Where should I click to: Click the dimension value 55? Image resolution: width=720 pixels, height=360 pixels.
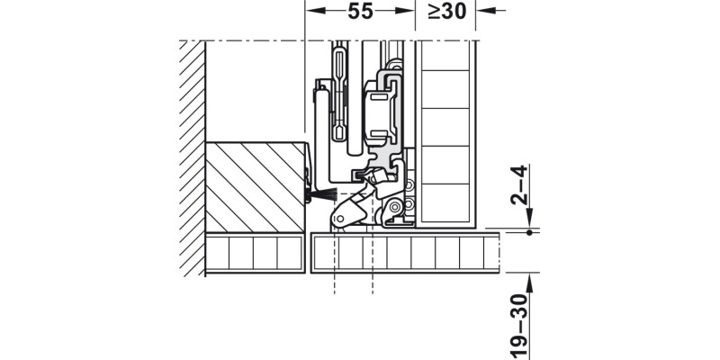[360, 13]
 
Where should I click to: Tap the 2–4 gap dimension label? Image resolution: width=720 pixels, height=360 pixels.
[517, 185]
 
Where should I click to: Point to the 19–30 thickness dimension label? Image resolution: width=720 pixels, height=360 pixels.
[517, 319]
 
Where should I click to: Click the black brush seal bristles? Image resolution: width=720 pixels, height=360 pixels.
[320, 193]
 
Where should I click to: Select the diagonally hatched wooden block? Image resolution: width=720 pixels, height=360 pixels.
[256, 185]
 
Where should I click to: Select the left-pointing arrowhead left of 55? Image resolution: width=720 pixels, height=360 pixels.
[314, 12]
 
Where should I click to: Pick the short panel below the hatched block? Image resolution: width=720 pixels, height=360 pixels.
[254, 254]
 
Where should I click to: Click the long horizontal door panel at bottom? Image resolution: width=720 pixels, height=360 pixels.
[405, 254]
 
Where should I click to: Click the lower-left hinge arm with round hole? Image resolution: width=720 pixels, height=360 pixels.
[346, 214]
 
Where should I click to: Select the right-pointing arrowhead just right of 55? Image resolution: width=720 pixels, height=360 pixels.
[407, 12]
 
